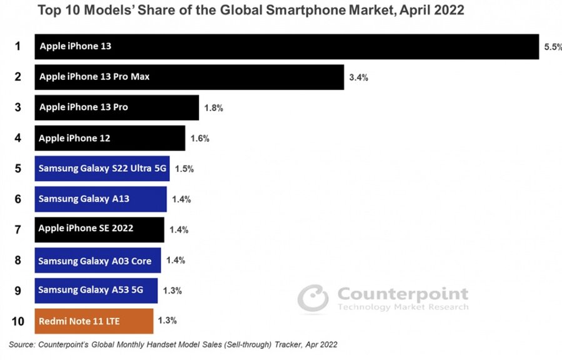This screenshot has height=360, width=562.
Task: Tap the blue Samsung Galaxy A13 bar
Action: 101,199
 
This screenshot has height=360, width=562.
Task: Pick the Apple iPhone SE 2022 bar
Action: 99,229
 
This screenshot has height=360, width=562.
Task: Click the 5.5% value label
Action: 553,47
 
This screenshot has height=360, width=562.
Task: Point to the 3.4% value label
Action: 358,77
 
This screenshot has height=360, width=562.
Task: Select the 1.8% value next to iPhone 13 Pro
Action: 214,107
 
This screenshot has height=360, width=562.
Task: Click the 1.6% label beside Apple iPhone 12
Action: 200,139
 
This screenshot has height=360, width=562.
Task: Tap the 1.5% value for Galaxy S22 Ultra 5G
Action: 185,169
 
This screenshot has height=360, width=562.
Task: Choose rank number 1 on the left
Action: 18,46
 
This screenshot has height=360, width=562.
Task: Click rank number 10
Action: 18,321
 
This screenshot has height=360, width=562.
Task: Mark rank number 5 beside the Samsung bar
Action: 18,169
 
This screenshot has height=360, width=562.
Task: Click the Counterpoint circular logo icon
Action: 313,297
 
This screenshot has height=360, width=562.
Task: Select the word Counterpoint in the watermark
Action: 403,294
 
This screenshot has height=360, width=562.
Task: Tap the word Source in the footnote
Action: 22,344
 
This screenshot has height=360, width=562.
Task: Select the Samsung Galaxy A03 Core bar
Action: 97,261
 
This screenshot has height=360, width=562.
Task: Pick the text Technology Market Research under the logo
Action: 403,307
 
